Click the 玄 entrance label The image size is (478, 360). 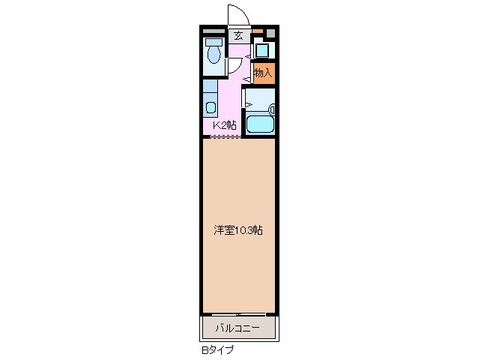(238, 35)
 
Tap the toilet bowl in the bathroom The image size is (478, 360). (215, 53)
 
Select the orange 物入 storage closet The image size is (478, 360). (263, 73)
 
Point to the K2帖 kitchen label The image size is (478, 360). (224, 125)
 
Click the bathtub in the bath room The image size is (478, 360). (260, 122)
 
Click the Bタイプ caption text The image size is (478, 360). (217, 349)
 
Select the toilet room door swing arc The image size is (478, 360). (233, 67)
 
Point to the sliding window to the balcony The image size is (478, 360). (238, 313)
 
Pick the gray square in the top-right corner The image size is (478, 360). (270, 33)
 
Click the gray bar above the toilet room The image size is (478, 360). (214, 31)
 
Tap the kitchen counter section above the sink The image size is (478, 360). (210, 86)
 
